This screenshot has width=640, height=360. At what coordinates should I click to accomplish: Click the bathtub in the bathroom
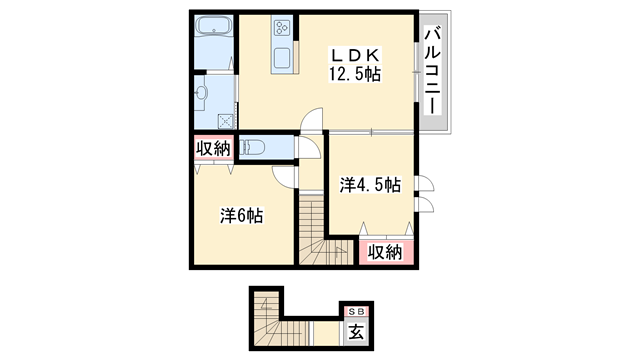(x=212, y=28)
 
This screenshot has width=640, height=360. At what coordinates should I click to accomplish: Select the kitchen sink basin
(x=283, y=56)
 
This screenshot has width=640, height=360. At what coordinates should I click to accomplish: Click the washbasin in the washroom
(x=203, y=92)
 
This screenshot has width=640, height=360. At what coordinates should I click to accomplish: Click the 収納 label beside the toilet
(x=212, y=149)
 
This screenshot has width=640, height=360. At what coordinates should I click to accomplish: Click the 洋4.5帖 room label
(x=369, y=185)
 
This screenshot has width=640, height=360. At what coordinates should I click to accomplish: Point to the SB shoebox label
(x=356, y=310)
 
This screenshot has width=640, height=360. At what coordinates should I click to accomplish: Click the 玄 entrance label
(x=356, y=332)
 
